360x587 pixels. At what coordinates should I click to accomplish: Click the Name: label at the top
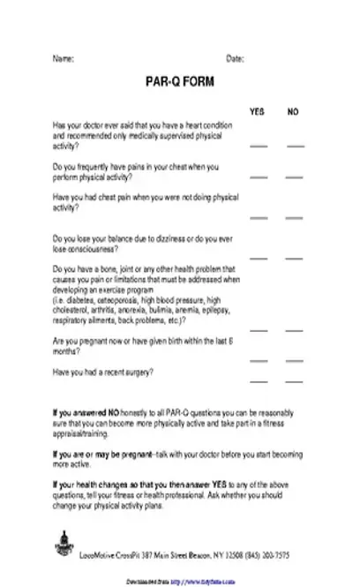pos(64,58)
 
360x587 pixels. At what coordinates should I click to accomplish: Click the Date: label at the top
pos(236,58)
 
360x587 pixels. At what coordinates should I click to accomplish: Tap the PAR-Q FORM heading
pos(179,80)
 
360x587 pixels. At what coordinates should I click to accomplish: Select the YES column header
pos(258,112)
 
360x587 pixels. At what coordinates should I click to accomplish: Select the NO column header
pos(293,112)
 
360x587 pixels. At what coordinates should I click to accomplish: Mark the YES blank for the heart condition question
pos(259,143)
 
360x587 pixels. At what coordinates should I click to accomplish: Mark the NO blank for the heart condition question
pos(295,143)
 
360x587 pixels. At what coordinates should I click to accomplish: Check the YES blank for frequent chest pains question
pos(259,177)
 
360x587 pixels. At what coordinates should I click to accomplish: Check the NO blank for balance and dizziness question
pos(295,259)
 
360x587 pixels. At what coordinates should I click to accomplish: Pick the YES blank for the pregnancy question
pos(259,360)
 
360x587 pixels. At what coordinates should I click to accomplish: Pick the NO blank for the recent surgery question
pos(295,380)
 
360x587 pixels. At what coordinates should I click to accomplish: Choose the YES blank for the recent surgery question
pos(259,380)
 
